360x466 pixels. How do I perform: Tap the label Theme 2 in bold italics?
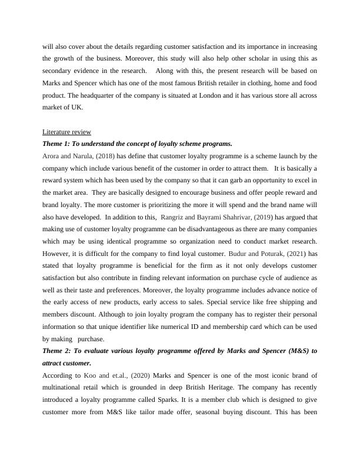58,351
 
